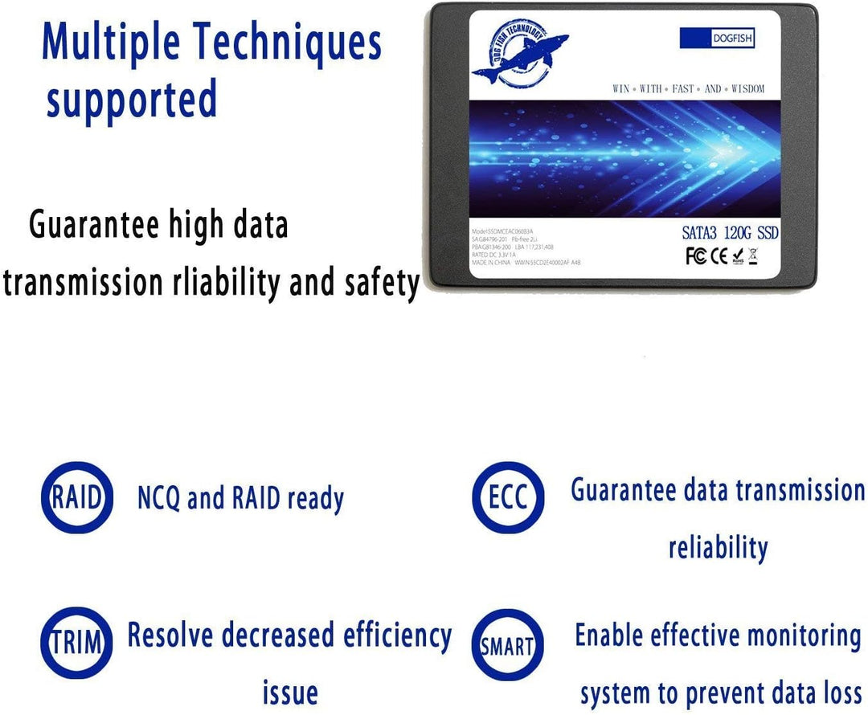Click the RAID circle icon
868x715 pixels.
coord(77,498)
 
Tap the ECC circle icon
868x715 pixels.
coord(508,498)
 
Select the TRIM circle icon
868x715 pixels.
coord(77,643)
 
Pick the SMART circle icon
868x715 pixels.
coord(508,645)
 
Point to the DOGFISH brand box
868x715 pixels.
coord(717,38)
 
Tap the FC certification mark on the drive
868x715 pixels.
coord(694,256)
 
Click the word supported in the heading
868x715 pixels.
coord(131,100)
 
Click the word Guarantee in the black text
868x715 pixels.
coord(94,225)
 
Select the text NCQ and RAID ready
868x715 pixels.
coord(240,499)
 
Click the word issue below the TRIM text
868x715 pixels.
coord(290,693)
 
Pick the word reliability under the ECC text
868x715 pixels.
coord(718,548)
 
